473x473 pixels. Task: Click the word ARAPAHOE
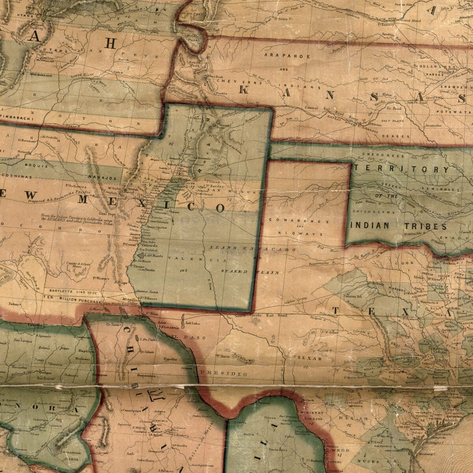pyautogui.click(x=287, y=56)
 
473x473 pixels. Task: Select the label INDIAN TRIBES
pyautogui.click(x=399, y=226)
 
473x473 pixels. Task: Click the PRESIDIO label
pyautogui.click(x=224, y=372)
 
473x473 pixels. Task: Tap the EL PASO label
pyautogui.click(x=184, y=337)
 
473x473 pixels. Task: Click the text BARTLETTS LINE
pyautogui.click(x=67, y=289)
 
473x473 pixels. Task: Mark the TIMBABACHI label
pyautogui.click(x=17, y=117)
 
